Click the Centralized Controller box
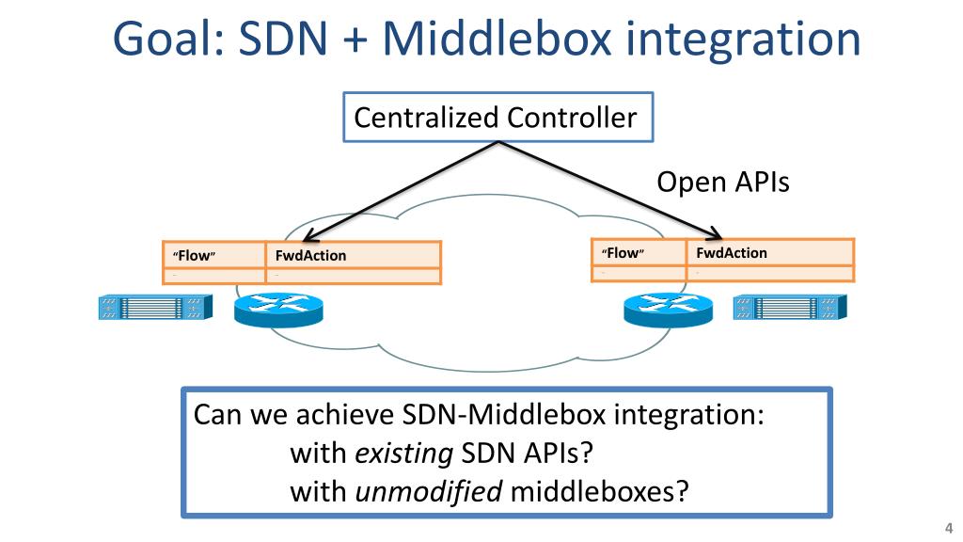(x=497, y=118)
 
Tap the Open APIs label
(x=722, y=182)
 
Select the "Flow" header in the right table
(x=623, y=253)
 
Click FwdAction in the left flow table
(x=310, y=256)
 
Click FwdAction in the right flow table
(x=732, y=253)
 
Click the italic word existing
(x=403, y=454)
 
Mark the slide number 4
(x=948, y=526)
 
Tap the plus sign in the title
(x=355, y=41)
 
